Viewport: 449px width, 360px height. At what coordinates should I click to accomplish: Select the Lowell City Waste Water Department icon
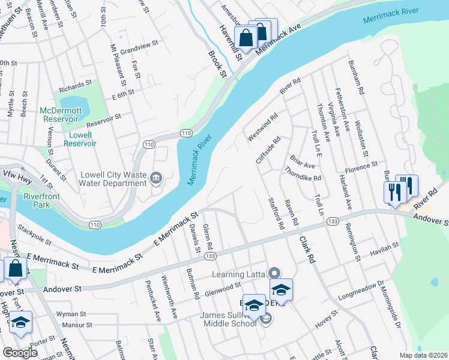coord(156,177)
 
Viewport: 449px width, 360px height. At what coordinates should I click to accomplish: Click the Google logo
coord(20,353)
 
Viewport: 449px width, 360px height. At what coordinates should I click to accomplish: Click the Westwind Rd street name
coord(263,127)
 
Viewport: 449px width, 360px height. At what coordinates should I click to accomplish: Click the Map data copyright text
coord(423,355)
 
